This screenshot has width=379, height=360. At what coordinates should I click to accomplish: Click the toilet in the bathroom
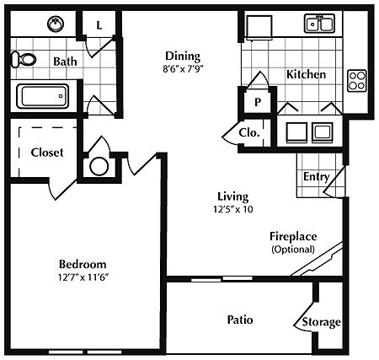coord(24,59)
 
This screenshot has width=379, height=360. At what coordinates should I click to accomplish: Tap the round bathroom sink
coord(56,24)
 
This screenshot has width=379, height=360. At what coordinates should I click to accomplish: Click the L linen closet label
coord(99,25)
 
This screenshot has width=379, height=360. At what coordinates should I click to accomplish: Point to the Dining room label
coord(183,56)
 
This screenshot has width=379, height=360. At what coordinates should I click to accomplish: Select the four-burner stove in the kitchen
coord(357,79)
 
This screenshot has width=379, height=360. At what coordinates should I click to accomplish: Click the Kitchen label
coord(306,74)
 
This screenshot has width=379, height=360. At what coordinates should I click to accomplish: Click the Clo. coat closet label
coord(249,132)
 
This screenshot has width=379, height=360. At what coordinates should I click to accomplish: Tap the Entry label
coord(316,176)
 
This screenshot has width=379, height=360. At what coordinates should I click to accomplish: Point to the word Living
coord(231,196)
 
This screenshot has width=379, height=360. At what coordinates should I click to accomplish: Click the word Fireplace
coord(292,236)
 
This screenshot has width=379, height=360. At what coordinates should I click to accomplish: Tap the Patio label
coord(241,320)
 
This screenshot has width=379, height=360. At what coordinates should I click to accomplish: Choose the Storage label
coord(322,321)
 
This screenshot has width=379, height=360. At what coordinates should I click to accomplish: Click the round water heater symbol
coord(99,165)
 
